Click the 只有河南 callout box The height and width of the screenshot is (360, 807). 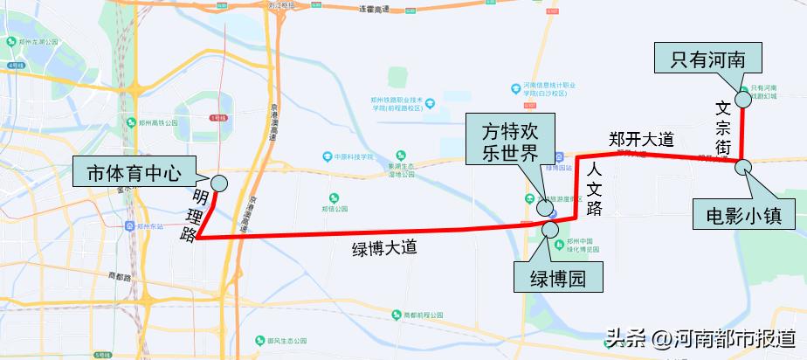(x=708, y=59)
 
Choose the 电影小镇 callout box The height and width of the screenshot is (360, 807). (x=742, y=215)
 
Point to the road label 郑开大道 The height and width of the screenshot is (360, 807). (x=641, y=139)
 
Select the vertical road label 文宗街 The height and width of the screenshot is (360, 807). (x=723, y=128)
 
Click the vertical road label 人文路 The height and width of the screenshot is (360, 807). (x=595, y=187)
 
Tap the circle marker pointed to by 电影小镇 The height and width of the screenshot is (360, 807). (x=741, y=166)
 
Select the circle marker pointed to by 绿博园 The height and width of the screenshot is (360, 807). (x=551, y=229)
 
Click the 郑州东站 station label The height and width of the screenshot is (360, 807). (x=149, y=225)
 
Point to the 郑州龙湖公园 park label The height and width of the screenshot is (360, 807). (x=37, y=41)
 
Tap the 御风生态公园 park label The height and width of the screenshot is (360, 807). (x=285, y=340)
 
